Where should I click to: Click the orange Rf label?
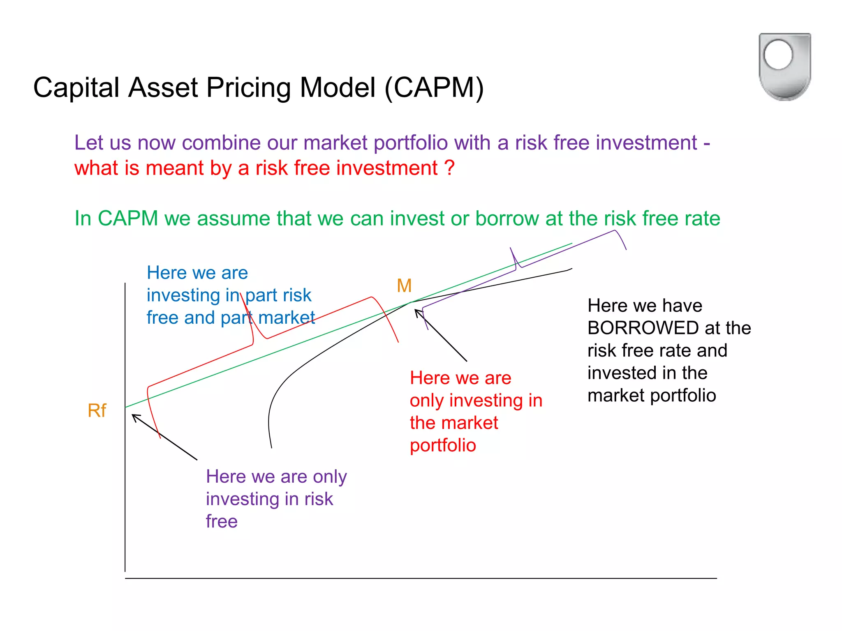[x=97, y=410]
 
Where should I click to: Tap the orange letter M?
[x=404, y=286]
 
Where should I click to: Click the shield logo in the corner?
[x=784, y=67]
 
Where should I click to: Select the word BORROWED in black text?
[x=643, y=328]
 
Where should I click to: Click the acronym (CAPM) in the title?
[x=434, y=88]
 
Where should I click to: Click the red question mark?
[x=449, y=168]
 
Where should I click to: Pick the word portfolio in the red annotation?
[x=443, y=445]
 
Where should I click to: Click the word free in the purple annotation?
[x=222, y=521]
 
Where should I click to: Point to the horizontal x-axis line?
[x=411, y=578]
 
